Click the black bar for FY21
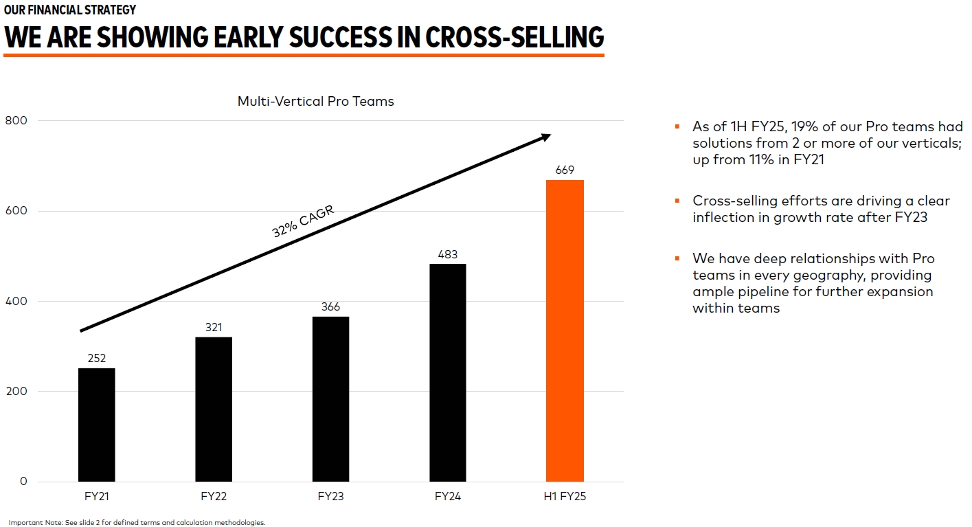[x=97, y=425]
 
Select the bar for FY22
[x=214, y=409]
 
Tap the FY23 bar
[x=330, y=399]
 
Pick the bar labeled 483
[x=447, y=372]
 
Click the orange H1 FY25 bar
[x=565, y=330]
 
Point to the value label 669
[x=565, y=170]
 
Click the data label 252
[x=97, y=358]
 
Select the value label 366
[x=330, y=306]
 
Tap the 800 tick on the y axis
[x=16, y=121]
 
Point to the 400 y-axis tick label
[x=16, y=301]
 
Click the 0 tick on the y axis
[x=23, y=481]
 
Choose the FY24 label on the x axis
[x=447, y=496]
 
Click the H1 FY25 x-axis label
[x=565, y=496]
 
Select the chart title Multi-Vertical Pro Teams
[x=315, y=101]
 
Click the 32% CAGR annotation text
[x=303, y=221]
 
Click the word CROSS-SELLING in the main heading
[x=515, y=36]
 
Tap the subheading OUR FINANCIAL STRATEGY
[x=70, y=10]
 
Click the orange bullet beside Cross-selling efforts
[x=677, y=201]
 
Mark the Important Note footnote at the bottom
[x=137, y=522]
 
